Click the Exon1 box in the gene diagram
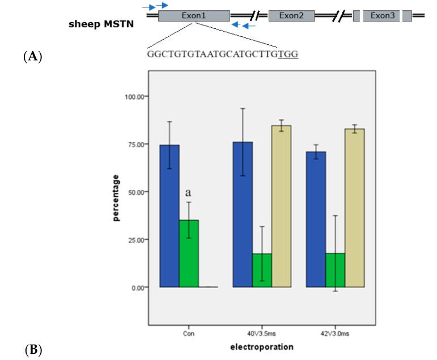(x=194, y=16)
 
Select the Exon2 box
(x=291, y=16)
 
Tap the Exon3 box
(x=383, y=16)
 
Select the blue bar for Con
(x=169, y=216)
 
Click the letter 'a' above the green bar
(x=189, y=193)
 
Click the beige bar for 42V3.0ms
(x=355, y=207)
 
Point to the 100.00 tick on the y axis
(x=133, y=96)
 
